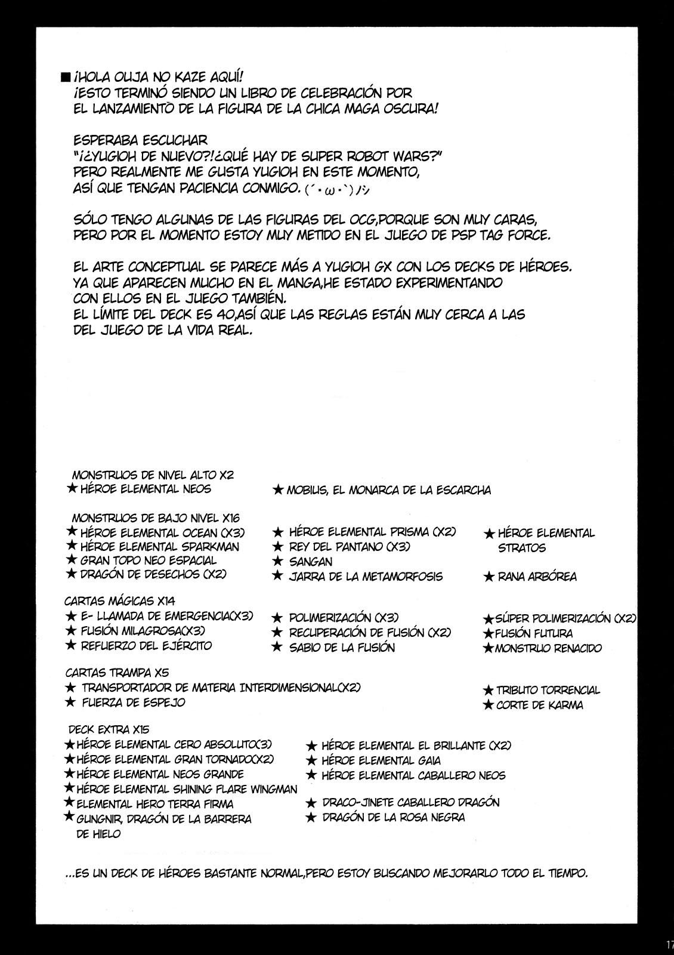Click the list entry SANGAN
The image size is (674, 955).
[310, 562]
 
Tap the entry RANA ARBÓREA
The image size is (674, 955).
[530, 577]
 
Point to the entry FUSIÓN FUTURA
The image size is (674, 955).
[533, 633]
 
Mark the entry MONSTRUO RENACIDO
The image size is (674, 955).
[548, 648]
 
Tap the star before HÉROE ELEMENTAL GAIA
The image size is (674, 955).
[310, 760]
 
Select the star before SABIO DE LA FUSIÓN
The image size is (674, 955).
[277, 647]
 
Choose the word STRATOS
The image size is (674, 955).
[522, 548]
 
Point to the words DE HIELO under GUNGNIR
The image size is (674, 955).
[98, 834]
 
